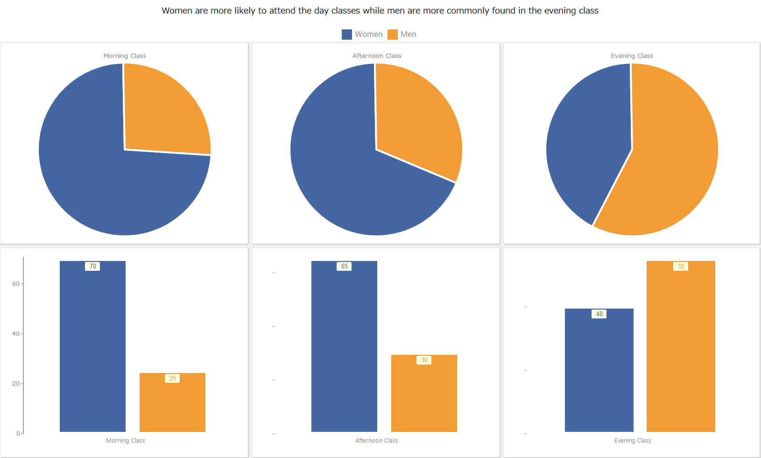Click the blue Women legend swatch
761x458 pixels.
coord(346,35)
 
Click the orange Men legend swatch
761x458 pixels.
coord(392,35)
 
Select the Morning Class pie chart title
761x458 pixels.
coord(125,56)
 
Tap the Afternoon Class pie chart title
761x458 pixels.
coord(377,56)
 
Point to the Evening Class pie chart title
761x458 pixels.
coord(632,56)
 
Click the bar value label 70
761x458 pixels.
coord(92,267)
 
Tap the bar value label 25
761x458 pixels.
coord(172,379)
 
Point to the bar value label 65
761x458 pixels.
coord(344,267)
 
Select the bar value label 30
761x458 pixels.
coord(424,360)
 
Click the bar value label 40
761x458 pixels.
coord(599,314)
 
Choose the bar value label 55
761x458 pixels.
coord(681,267)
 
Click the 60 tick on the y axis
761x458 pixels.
coord(16,284)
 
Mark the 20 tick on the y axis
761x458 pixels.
coord(16,384)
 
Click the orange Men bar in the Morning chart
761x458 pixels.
coord(172,406)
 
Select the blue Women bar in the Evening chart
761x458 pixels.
coord(599,373)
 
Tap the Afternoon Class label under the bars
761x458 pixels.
coord(376,441)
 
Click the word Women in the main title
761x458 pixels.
coord(176,11)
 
